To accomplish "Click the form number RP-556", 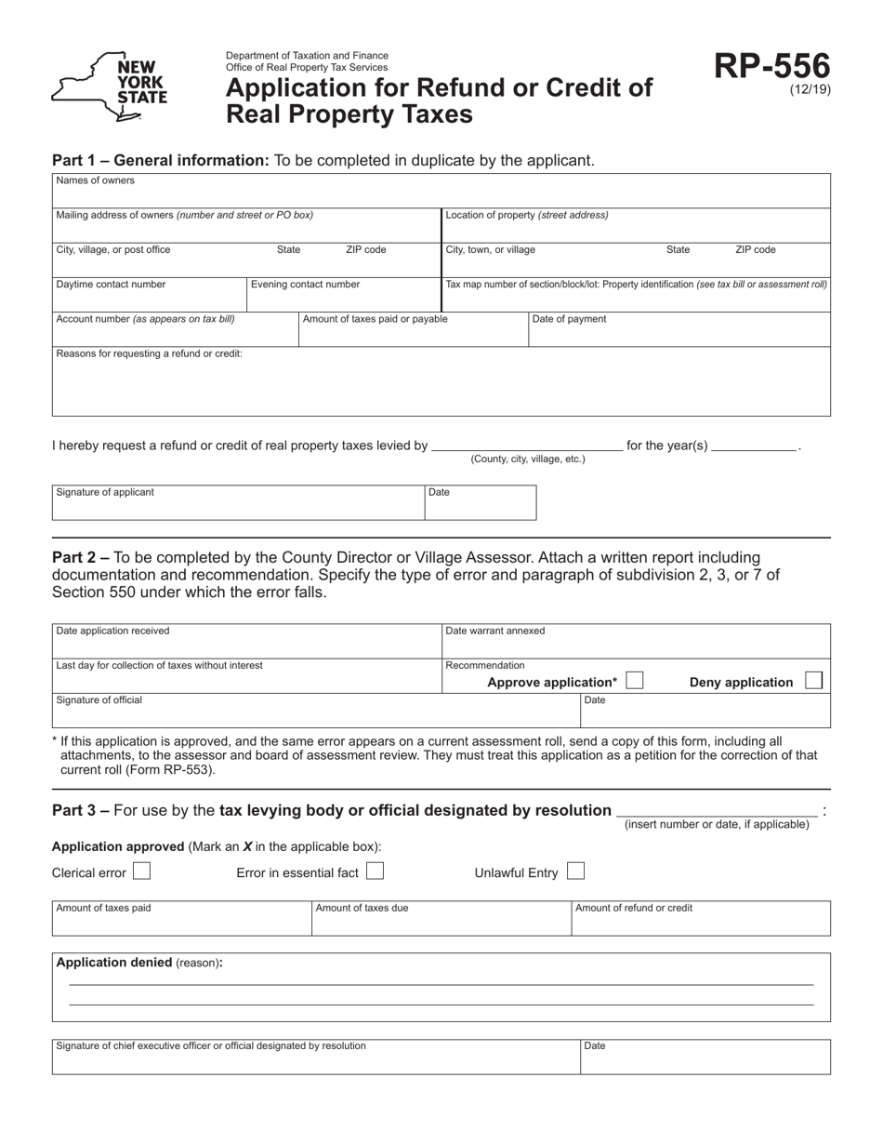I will [771, 67].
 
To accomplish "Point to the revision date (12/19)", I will [811, 90].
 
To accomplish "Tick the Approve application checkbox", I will [634, 681].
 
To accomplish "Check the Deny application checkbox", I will [813, 681].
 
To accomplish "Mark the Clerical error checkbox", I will [141, 871].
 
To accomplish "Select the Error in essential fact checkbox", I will [375, 871].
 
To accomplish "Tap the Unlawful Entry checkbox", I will [575, 871].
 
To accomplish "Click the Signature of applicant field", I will [237, 507].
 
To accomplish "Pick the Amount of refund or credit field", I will [700, 923].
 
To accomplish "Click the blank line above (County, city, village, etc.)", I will [527, 445].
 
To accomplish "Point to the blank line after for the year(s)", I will [754, 445].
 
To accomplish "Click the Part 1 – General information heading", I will [160, 160].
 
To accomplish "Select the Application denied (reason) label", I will [139, 963].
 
